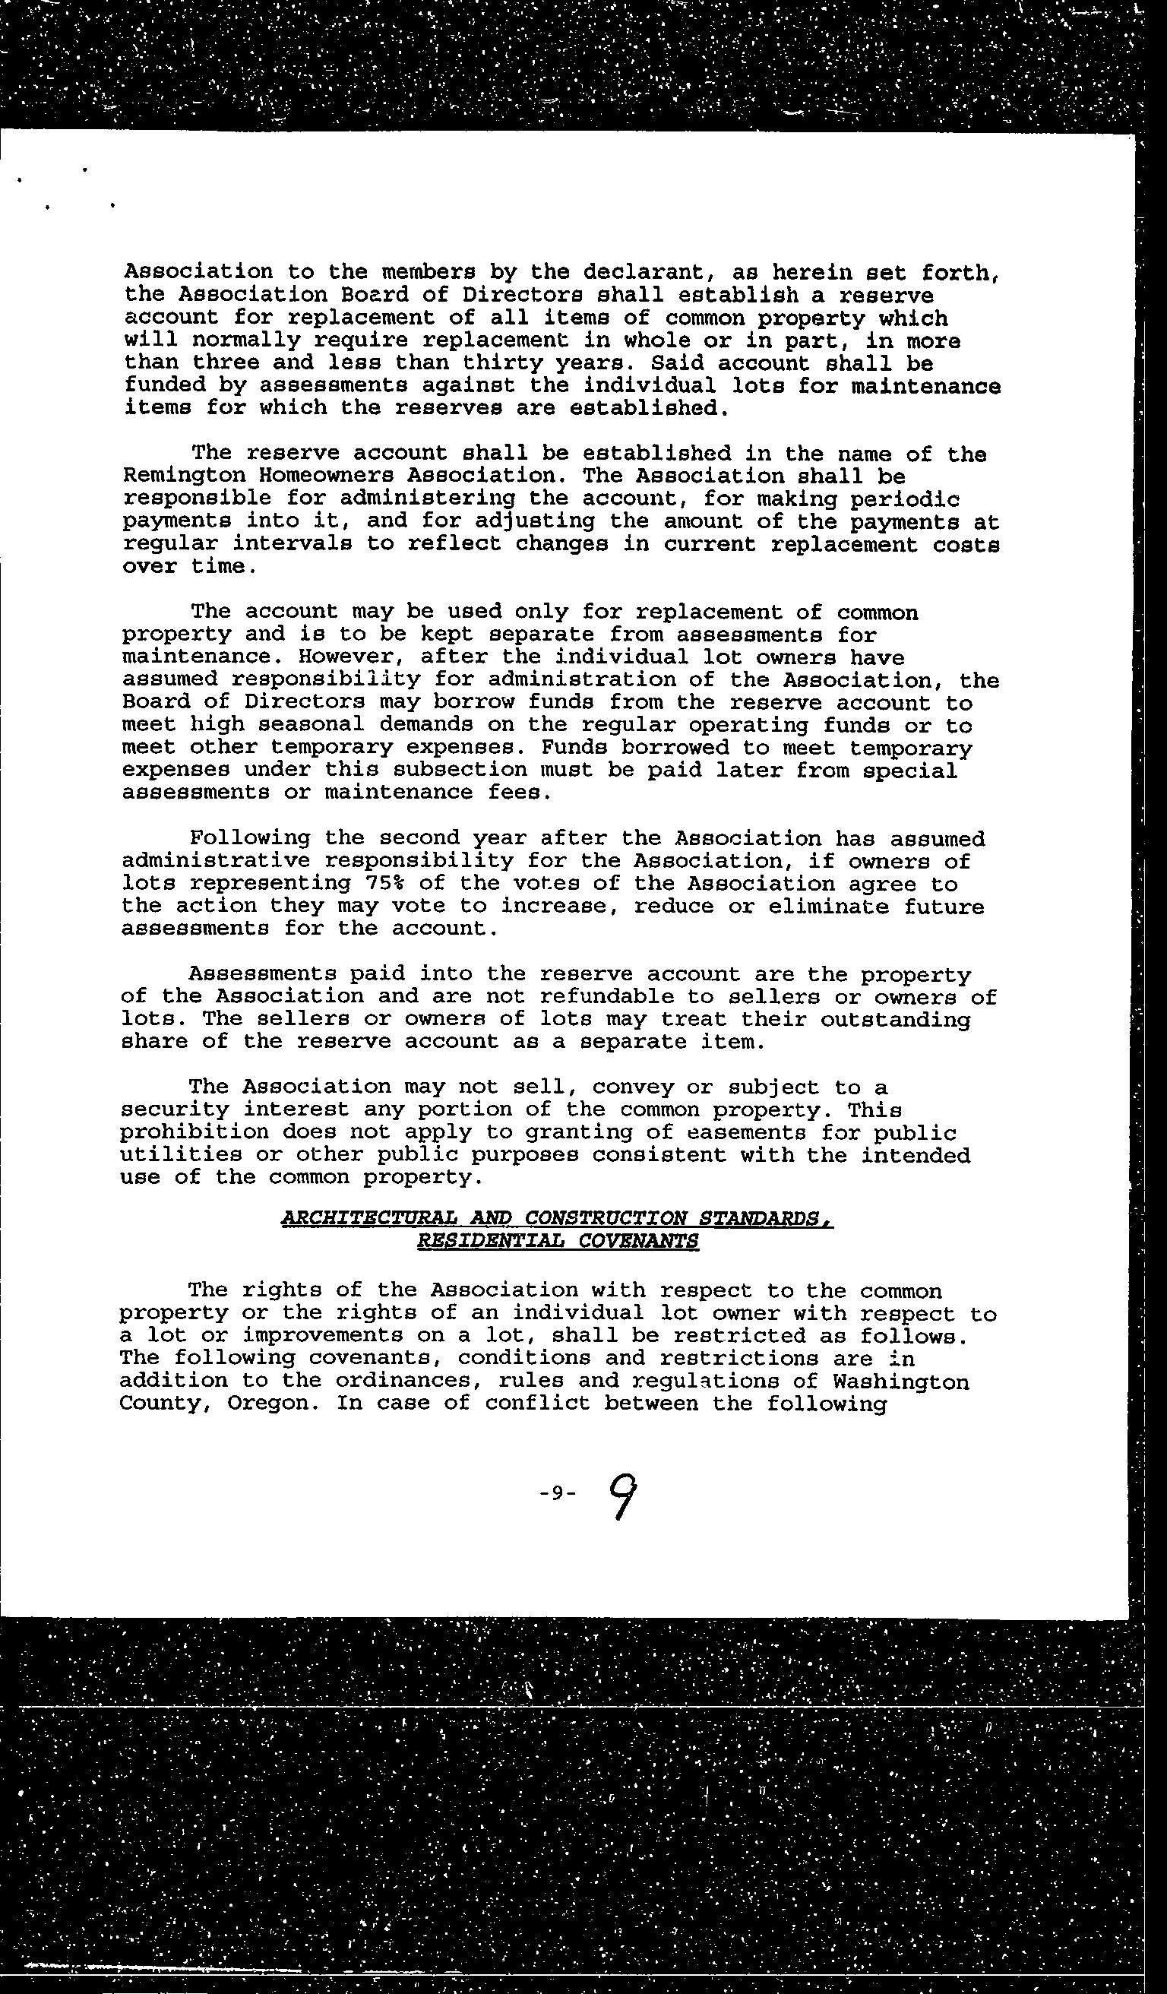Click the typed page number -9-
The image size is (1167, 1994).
(558, 1493)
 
